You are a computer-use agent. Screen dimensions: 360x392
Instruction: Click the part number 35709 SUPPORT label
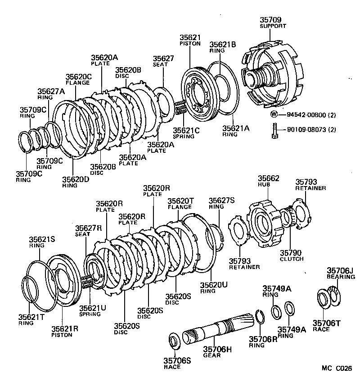tap(273, 23)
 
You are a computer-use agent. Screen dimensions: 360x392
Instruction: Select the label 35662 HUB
tap(268, 182)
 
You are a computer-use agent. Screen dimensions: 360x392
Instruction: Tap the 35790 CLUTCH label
tap(292, 255)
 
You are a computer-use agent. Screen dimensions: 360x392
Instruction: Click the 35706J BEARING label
tap(340, 273)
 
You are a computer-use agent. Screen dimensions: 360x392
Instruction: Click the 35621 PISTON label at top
tap(190, 41)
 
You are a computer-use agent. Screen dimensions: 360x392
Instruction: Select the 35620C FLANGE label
tap(78, 79)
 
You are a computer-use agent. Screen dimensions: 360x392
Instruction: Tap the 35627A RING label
tap(51, 94)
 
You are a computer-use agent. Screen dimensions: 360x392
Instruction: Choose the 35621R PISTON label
tap(64, 331)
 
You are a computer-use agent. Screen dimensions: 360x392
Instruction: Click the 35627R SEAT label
tap(88, 231)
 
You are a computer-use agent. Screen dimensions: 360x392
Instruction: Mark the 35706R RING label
tap(263, 342)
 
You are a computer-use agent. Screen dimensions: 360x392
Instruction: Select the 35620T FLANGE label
tap(181, 204)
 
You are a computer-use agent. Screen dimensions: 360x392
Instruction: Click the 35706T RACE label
tap(327, 325)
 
